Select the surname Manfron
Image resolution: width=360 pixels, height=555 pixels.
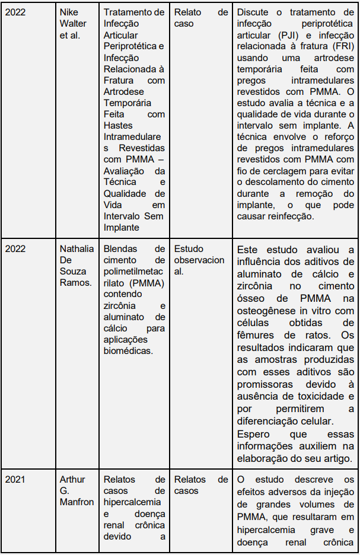(77, 502)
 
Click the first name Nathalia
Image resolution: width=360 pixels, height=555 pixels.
(77, 248)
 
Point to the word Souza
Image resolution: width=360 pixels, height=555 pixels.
(72, 271)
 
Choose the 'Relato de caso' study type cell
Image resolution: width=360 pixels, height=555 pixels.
(200, 18)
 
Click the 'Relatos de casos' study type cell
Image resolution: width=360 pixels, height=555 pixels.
(200, 484)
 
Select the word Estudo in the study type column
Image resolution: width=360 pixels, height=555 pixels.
(189, 248)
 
